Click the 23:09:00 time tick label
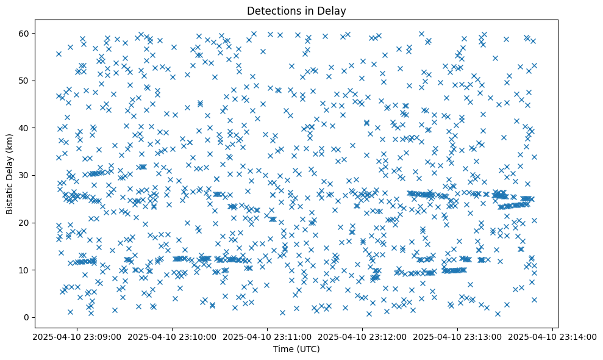click(x=77, y=337)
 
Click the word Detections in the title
click(x=271, y=10)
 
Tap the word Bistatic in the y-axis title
click(x=10, y=195)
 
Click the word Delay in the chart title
click(x=332, y=10)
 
